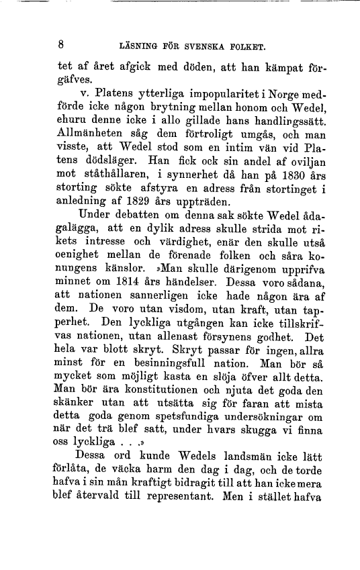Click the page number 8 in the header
[60, 46]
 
